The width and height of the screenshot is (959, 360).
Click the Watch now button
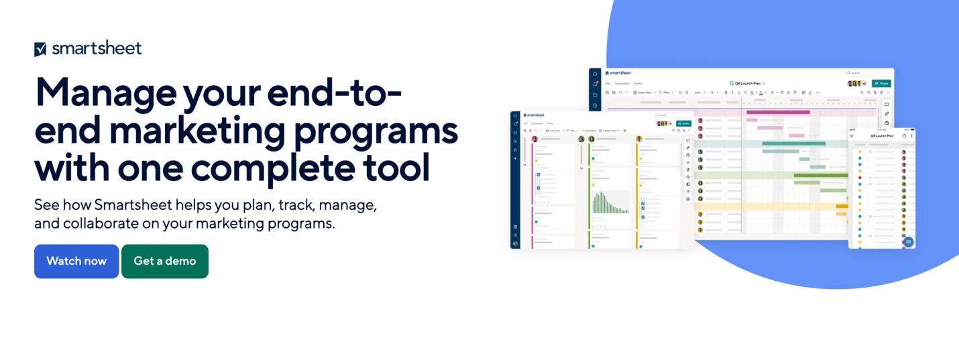tap(76, 261)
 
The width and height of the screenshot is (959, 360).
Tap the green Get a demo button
tap(165, 261)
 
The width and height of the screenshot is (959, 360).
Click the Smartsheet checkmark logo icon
tap(40, 49)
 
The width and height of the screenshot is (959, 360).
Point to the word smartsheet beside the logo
tap(97, 48)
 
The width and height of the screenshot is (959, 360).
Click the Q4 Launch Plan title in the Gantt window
tap(747, 84)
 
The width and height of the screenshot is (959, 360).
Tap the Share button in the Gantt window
tap(881, 84)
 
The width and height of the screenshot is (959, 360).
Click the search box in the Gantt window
tap(868, 72)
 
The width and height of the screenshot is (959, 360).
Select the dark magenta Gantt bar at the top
tap(778, 113)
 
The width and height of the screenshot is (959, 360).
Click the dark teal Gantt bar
tap(794, 143)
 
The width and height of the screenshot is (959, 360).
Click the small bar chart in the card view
tap(610, 202)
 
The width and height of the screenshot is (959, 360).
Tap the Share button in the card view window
tap(683, 123)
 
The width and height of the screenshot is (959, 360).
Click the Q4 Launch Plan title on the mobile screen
tap(882, 136)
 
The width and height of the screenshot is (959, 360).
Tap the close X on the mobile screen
tap(852, 136)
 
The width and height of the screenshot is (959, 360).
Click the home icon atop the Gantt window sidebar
tap(595, 73)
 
